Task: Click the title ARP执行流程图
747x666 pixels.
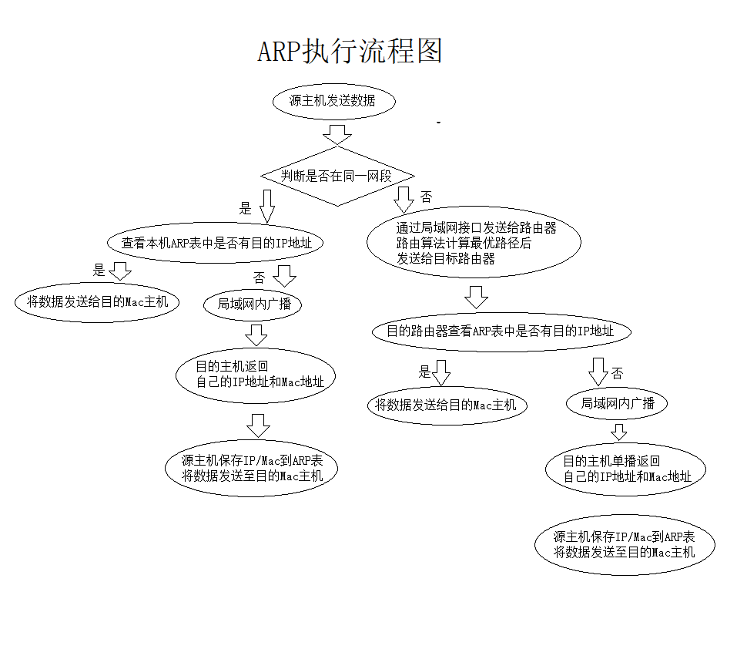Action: (x=350, y=52)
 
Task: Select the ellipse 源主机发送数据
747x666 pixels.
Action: (x=333, y=101)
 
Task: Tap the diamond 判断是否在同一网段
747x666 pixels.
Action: (x=337, y=176)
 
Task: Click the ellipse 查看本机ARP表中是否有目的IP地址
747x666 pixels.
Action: (x=216, y=242)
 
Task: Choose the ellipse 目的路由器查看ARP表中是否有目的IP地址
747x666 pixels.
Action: (x=501, y=331)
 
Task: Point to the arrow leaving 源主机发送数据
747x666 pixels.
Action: (x=337, y=134)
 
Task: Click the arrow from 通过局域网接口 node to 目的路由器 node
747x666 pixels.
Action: (x=477, y=297)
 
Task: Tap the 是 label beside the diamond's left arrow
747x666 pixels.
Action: (x=246, y=208)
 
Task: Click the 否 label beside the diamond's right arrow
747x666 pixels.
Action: (x=426, y=197)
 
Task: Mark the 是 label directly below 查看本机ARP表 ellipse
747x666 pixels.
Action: (x=99, y=270)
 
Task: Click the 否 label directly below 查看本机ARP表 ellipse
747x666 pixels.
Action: (x=259, y=277)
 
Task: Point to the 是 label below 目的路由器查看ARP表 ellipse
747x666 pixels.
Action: (x=424, y=372)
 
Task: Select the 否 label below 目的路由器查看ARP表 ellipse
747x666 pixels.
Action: (x=617, y=374)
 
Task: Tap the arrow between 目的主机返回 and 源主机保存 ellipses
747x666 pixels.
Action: (x=259, y=425)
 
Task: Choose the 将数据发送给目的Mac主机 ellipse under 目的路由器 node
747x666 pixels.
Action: (x=447, y=405)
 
